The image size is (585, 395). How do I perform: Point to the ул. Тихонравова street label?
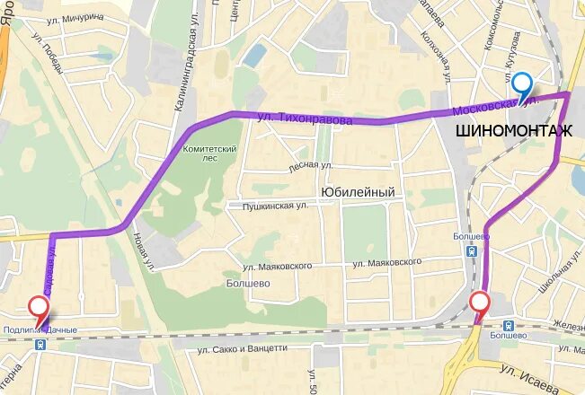(x=305, y=118)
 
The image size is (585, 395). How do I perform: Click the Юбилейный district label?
(x=358, y=192)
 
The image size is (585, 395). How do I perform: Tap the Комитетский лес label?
(x=208, y=154)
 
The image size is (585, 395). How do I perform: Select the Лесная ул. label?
(x=310, y=167)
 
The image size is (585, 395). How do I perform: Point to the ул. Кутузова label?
(x=512, y=54)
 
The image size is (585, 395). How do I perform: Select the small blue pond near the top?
(x=254, y=56)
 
